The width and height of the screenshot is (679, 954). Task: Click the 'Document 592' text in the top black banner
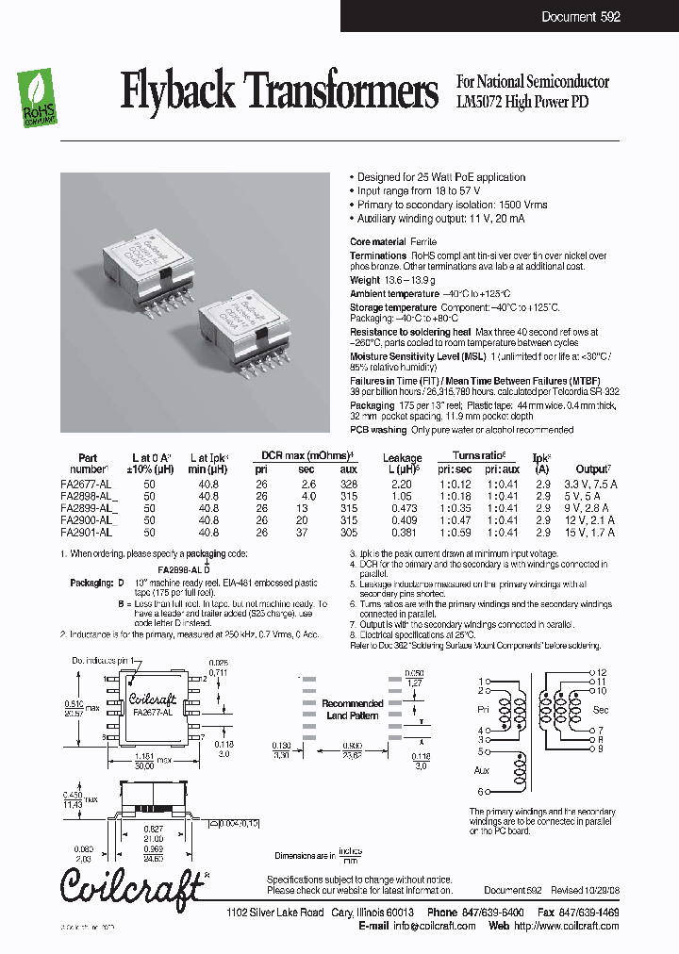[580, 17]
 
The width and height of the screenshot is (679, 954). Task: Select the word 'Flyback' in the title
[178, 91]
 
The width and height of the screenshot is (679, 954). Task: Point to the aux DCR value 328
[349, 484]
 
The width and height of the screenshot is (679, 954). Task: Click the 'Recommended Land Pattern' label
[353, 709]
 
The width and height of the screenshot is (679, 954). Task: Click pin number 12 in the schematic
[601, 673]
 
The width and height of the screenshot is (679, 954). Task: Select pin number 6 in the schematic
[480, 792]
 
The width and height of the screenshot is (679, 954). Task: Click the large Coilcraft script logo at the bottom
[132, 885]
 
